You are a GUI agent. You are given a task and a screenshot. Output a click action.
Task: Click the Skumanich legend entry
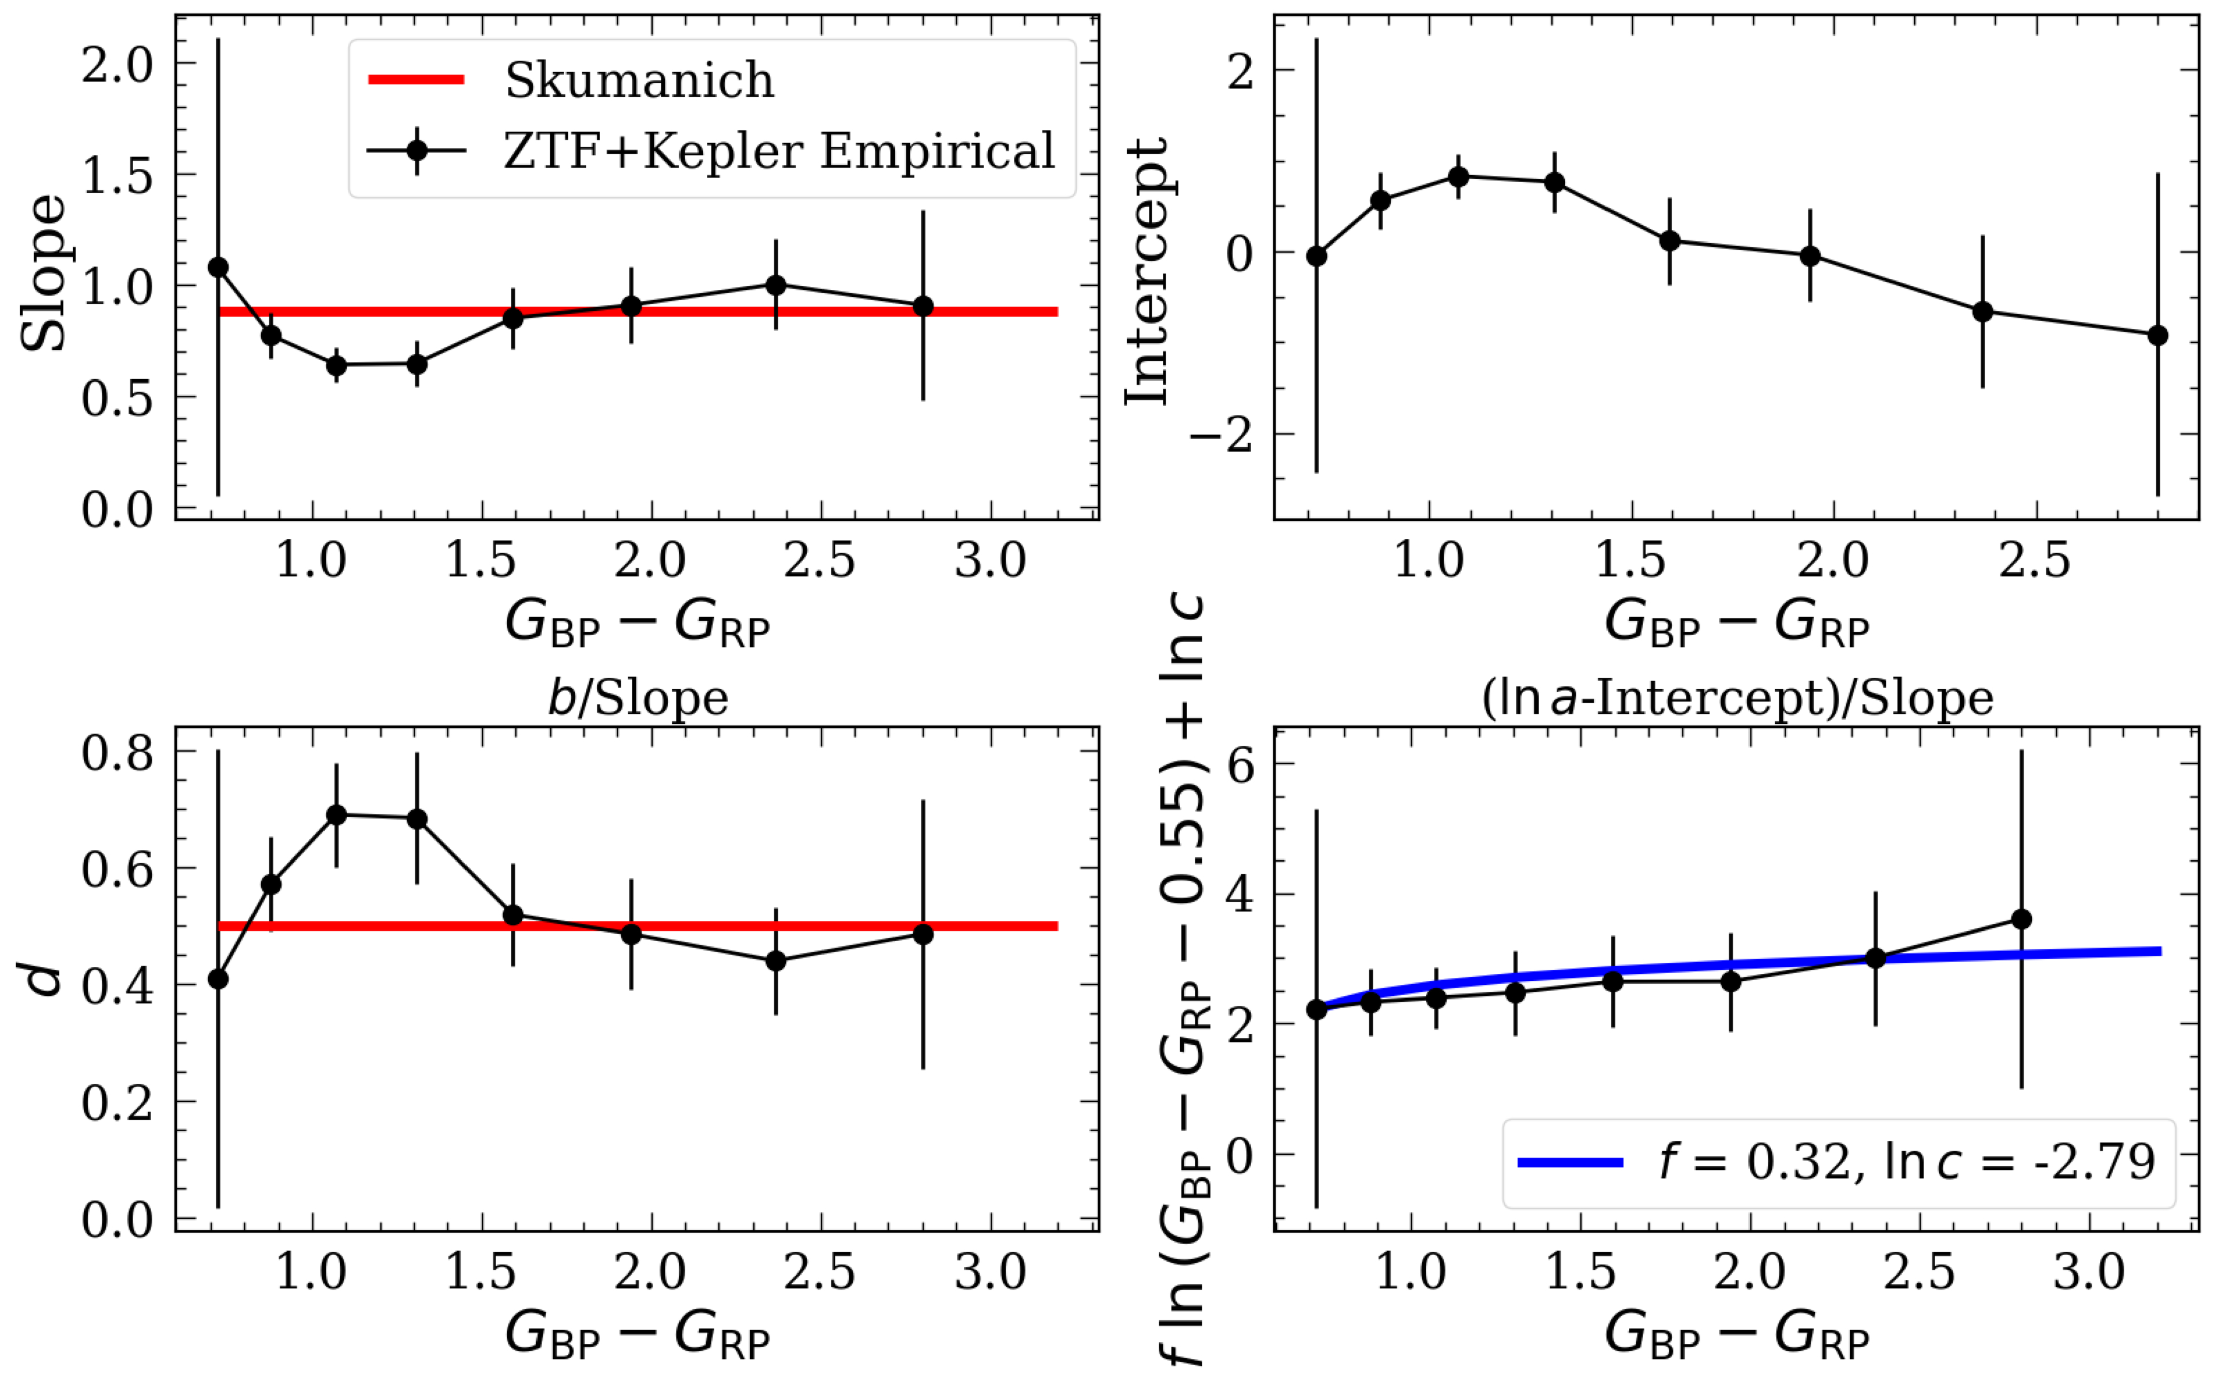click(x=639, y=80)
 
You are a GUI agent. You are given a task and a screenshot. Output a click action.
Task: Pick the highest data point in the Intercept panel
click(x=1459, y=176)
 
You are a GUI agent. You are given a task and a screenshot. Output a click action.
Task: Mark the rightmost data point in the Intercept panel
click(x=2157, y=335)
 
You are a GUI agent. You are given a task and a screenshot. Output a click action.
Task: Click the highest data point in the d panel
click(x=337, y=814)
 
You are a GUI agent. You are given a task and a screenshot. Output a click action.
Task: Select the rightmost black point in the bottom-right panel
click(x=2021, y=919)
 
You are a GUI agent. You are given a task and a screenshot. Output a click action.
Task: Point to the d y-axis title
click(x=44, y=978)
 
